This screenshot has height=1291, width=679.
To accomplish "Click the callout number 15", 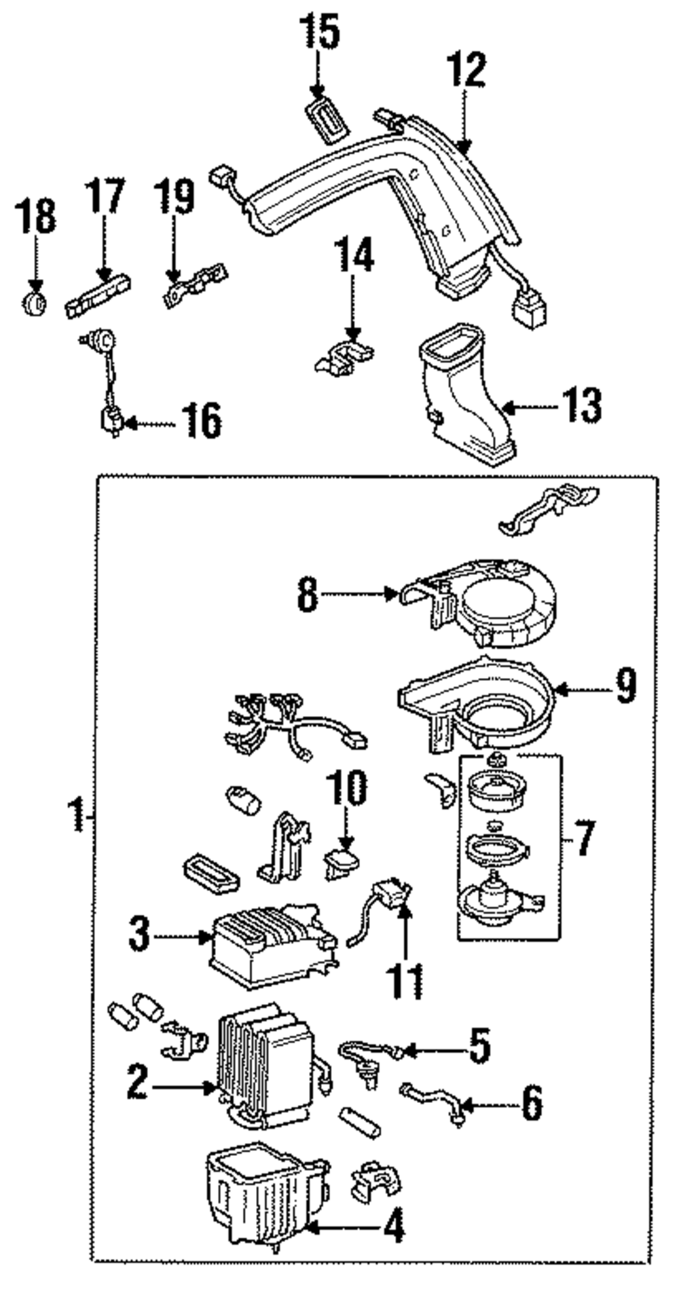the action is (x=320, y=33).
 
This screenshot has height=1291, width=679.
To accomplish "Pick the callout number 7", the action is (x=583, y=839).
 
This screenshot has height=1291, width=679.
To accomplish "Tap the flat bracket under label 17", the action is (x=98, y=298).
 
